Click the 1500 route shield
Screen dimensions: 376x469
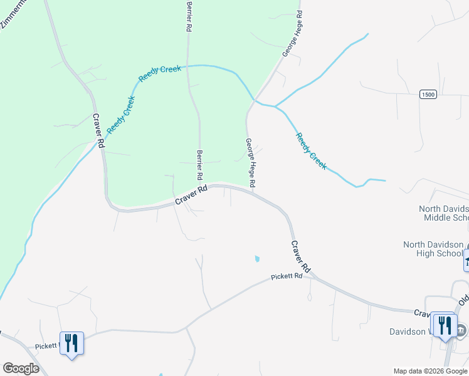pos(428,94)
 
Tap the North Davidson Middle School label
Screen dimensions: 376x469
pos(444,213)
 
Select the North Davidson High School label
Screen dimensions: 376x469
pos(433,249)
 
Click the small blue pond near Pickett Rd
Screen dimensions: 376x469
pos(256,258)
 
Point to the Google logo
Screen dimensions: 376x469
pos(21,368)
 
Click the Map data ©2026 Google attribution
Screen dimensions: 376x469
pos(431,371)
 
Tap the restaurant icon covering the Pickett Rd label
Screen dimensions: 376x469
pos(71,343)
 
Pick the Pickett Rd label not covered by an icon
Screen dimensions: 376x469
pos(291,276)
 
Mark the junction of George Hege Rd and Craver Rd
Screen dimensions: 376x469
pos(255,192)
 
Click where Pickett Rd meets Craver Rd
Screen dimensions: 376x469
pos(312,276)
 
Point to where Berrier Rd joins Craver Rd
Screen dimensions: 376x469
pos(203,187)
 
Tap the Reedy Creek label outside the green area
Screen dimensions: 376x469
pos(311,151)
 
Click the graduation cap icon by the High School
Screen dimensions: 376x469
pos(466,259)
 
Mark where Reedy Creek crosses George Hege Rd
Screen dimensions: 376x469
pos(254,100)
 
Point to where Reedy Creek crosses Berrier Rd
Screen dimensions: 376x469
pos(189,65)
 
